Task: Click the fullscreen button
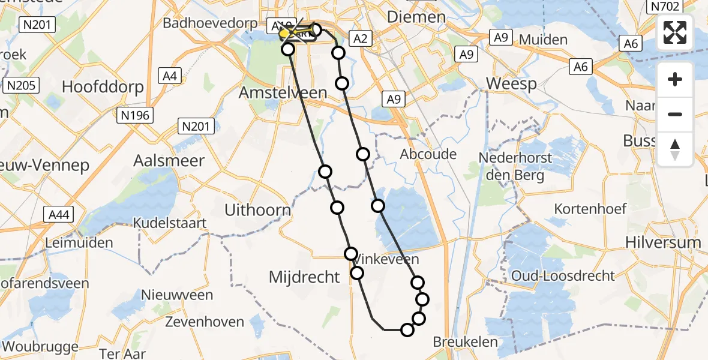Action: (675, 32)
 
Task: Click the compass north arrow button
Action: (675, 149)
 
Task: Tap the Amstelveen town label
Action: (283, 93)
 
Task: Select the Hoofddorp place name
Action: (103, 87)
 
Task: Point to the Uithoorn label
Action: (257, 210)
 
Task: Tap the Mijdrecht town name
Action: (305, 277)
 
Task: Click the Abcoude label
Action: (428, 154)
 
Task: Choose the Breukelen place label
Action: (464, 342)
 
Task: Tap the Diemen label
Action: (410, 17)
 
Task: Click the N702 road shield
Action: (662, 7)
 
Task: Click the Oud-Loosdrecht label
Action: (563, 275)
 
